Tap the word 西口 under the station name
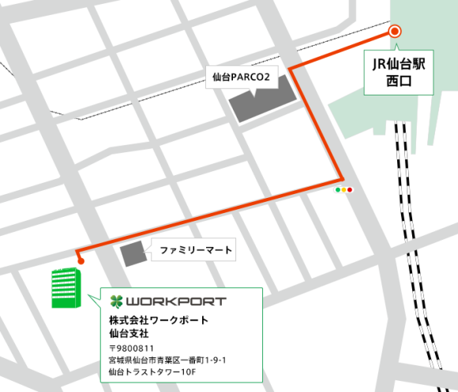click(x=399, y=80)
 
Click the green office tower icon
click(x=66, y=288)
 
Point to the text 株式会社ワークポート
click(x=158, y=320)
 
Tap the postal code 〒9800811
click(x=131, y=348)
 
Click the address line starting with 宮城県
click(x=168, y=360)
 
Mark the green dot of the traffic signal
click(x=338, y=189)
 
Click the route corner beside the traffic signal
click(x=341, y=177)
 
